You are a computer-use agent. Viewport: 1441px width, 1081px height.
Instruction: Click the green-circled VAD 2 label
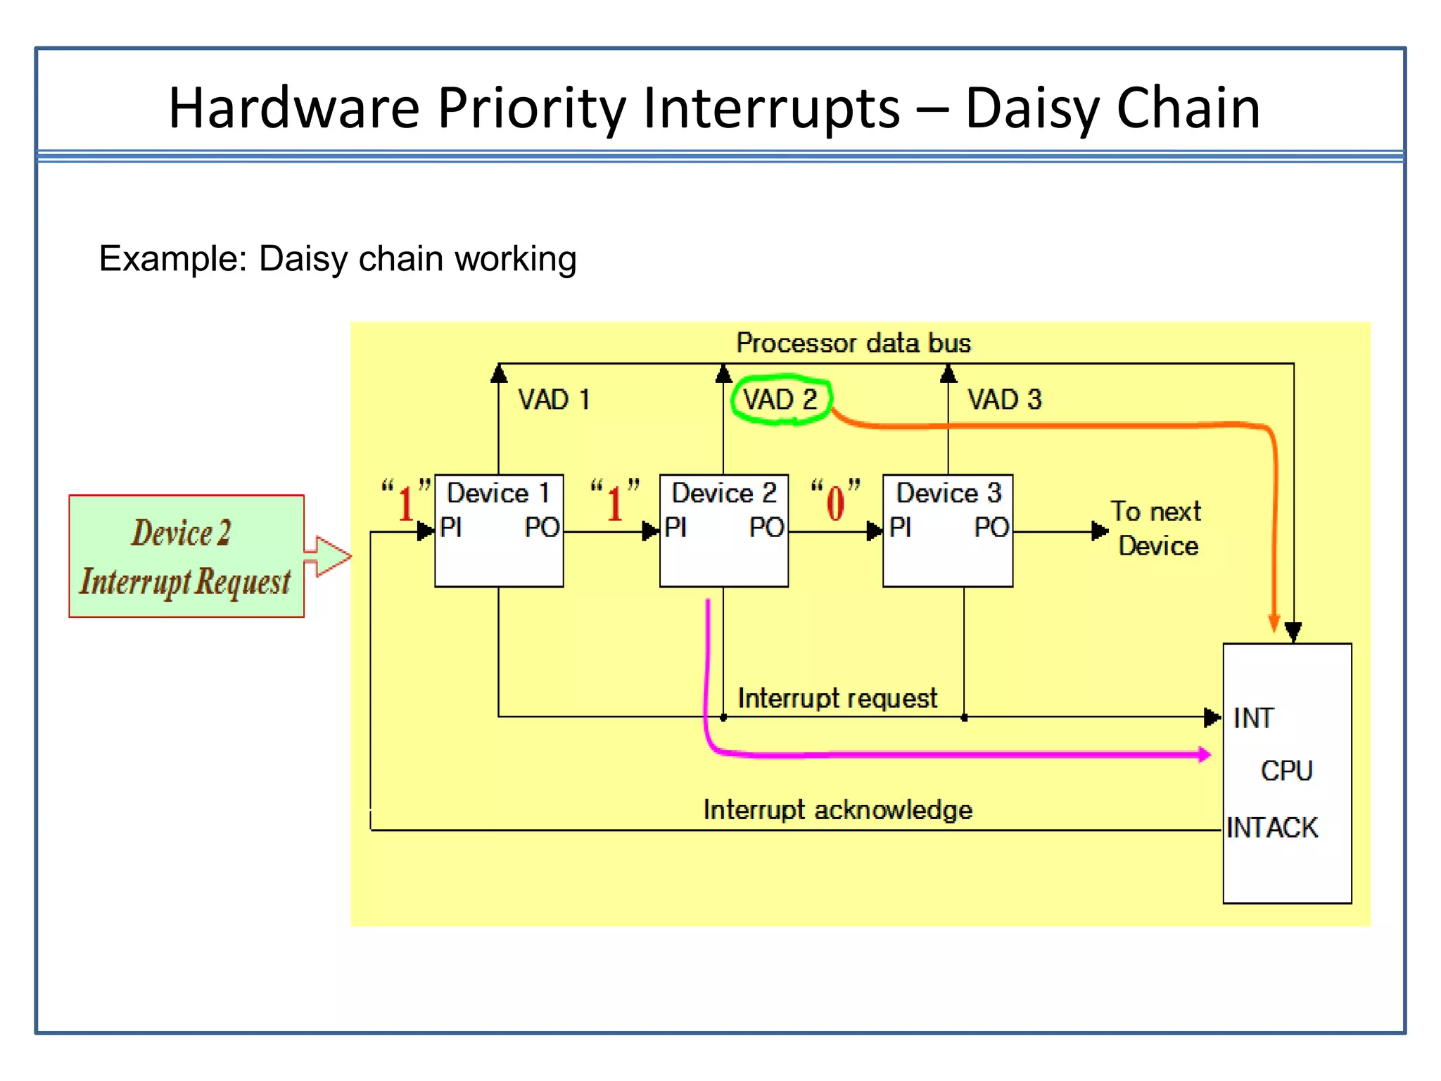pos(780,400)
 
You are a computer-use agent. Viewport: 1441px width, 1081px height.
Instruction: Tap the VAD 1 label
pos(553,400)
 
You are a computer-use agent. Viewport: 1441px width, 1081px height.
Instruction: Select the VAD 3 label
pos(1004,400)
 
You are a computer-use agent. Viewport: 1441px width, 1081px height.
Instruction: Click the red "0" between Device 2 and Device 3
pos(835,504)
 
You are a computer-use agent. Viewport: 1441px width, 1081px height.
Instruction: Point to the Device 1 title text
pos(497,493)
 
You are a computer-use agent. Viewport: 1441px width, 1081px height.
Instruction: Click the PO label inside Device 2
pos(766,527)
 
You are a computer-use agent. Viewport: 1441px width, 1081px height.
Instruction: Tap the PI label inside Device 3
pos(900,527)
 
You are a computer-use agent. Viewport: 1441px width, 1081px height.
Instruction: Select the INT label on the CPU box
pos(1253,718)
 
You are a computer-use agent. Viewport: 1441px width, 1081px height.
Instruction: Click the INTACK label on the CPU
pos(1271,828)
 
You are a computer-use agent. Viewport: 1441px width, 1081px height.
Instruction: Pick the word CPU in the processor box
pos(1286,771)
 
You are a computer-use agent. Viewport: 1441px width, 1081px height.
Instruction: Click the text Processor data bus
pos(853,343)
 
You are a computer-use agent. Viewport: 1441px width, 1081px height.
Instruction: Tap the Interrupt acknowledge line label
pos(837,809)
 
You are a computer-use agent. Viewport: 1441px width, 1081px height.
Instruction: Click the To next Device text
pos(1157,529)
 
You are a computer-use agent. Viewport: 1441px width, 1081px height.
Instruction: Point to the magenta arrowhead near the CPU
pos(1204,754)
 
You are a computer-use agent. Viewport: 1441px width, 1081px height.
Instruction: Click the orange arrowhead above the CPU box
pos(1274,623)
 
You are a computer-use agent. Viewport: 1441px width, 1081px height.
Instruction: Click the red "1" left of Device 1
pos(406,504)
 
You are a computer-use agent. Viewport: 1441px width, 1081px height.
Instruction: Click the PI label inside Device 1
pos(450,527)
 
